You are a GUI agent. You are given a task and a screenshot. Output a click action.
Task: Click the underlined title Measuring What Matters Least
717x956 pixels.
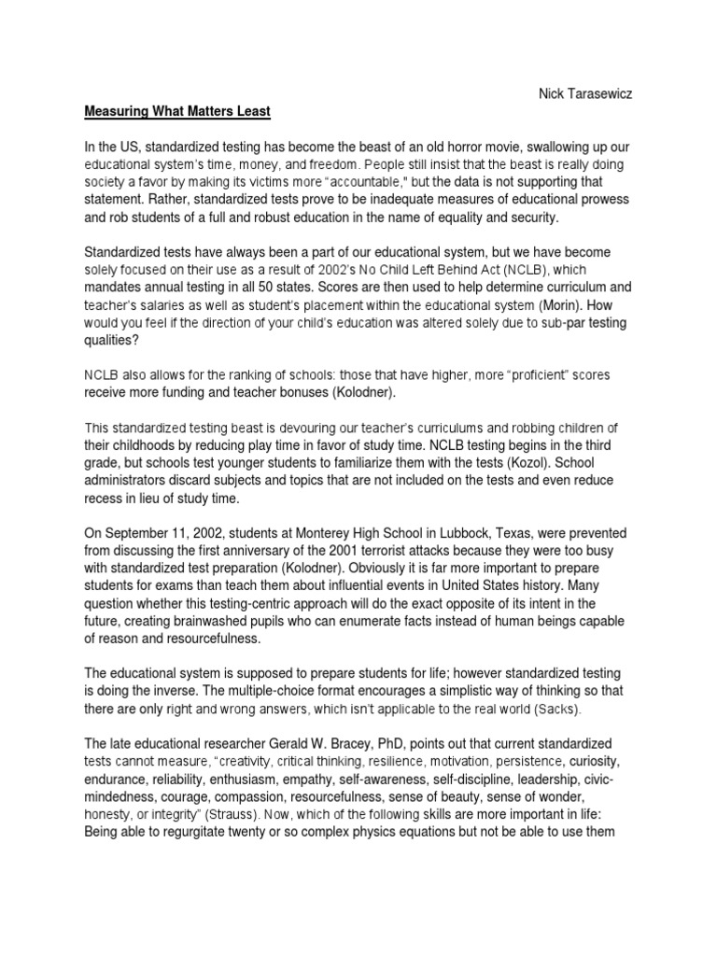177,111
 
